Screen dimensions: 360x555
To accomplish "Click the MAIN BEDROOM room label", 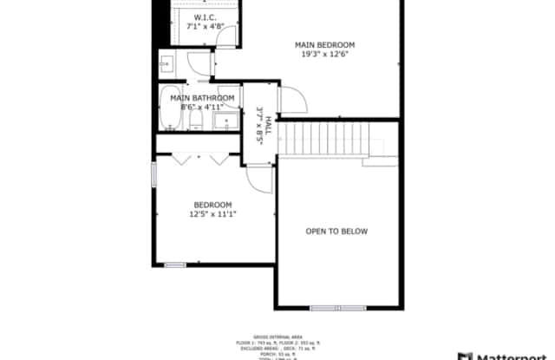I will (x=325, y=44).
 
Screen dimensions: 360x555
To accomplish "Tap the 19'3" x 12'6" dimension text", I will (x=325, y=55).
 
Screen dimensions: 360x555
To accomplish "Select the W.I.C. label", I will (x=206, y=17).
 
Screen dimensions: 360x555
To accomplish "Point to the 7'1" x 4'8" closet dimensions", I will (x=206, y=27).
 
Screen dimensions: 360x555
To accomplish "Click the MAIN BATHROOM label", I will (x=201, y=98).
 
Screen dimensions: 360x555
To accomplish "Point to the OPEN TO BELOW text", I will (x=336, y=232).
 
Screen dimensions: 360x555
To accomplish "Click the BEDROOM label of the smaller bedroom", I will (x=212, y=205).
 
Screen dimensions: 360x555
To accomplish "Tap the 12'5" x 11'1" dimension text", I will (x=212, y=214).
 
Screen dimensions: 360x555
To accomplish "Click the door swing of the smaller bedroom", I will (x=259, y=178).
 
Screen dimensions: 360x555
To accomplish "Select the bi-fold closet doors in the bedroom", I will (x=200, y=159).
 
